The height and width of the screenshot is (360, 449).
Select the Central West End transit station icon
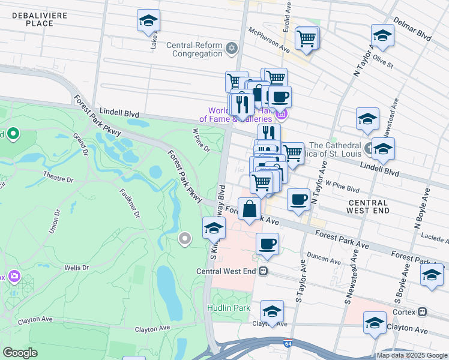coord(263,271)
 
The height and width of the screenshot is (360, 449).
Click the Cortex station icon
coord(423,311)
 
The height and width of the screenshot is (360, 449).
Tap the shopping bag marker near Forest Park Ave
coord(250,210)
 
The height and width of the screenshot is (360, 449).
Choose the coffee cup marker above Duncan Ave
coord(267,244)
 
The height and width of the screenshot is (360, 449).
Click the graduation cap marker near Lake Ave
coord(148,21)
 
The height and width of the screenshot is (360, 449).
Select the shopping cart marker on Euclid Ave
coord(307,38)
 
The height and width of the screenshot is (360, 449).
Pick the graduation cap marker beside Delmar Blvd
coord(382,35)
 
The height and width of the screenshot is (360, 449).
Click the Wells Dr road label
coord(77,268)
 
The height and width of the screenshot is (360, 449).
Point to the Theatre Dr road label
coord(58,179)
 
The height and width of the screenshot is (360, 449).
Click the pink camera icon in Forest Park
coord(13,277)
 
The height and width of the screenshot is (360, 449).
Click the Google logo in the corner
coord(20,353)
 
